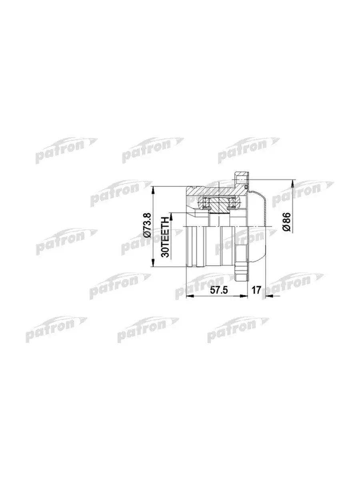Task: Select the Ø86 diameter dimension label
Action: coord(286,222)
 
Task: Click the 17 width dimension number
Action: coord(256,290)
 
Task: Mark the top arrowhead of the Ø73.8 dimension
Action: coord(153,190)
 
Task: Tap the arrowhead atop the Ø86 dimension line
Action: coord(292,184)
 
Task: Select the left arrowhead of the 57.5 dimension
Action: coord(190,296)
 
